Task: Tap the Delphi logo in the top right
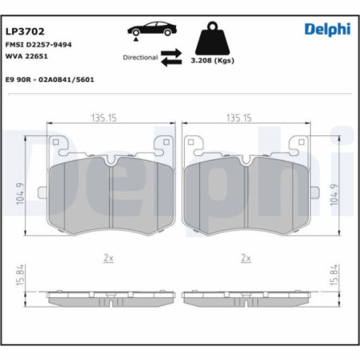pos(327,29)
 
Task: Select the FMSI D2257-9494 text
pos(38,45)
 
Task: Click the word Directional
pos(140,58)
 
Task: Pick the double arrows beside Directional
pos(172,57)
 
